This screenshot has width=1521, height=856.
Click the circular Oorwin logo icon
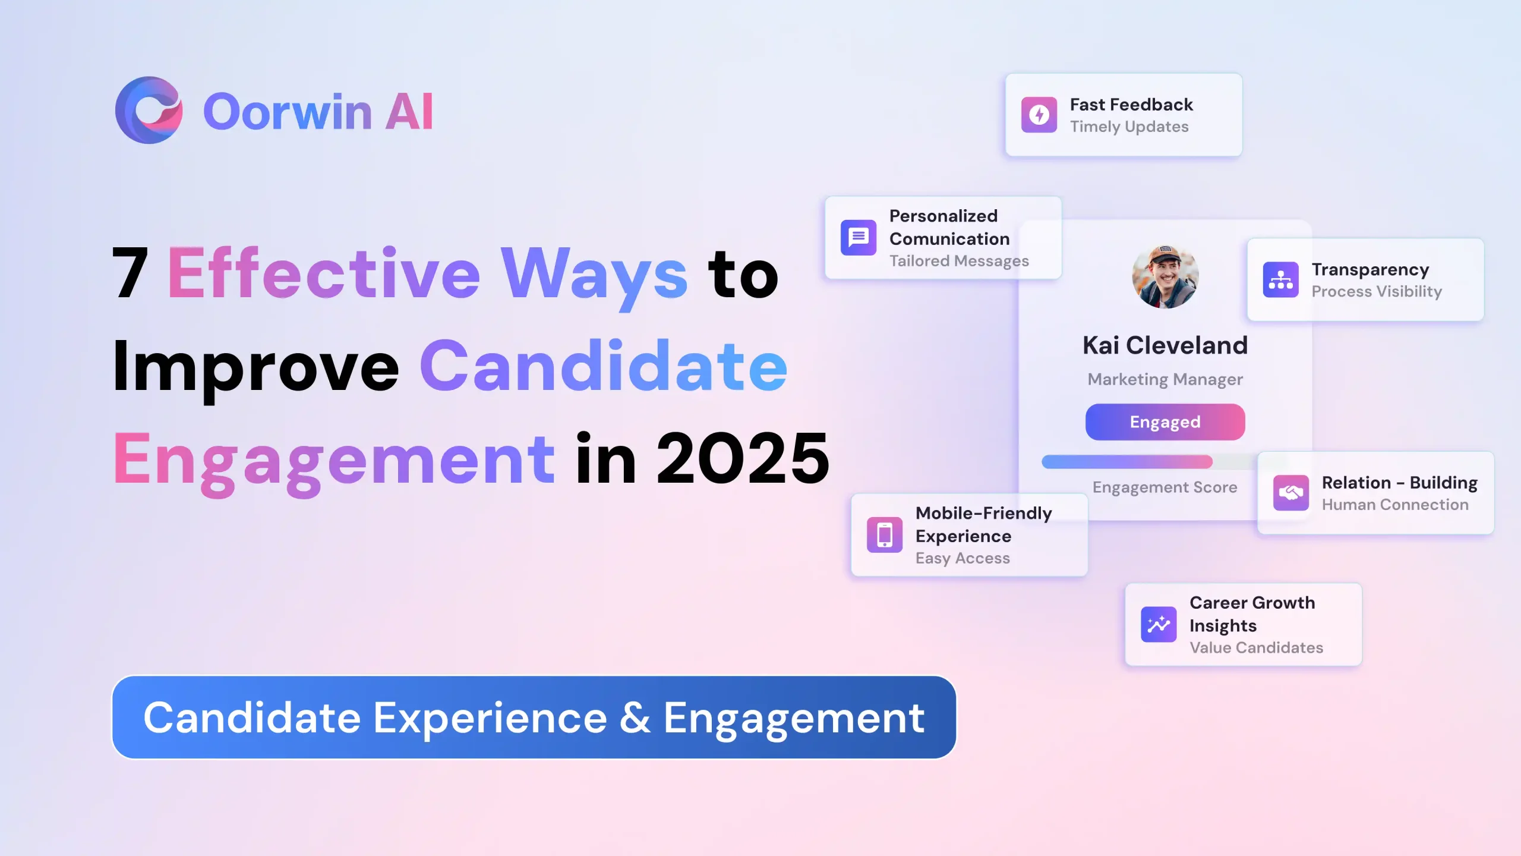click(x=149, y=110)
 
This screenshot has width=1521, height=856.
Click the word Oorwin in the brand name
click(x=288, y=112)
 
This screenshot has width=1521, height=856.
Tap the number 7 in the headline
click(x=130, y=272)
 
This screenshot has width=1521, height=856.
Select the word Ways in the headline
click(x=594, y=276)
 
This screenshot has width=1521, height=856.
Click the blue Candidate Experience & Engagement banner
click(x=534, y=717)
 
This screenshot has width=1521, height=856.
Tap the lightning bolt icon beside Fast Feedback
click(x=1039, y=115)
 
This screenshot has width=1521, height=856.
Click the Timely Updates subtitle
click(x=1129, y=127)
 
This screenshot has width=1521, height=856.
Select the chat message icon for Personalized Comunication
click(x=859, y=238)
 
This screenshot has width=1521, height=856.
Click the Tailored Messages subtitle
click(x=959, y=261)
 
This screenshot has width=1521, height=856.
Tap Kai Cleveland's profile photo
click(x=1165, y=276)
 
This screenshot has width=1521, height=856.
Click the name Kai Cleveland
click(x=1165, y=345)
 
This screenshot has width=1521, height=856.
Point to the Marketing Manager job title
click(x=1165, y=380)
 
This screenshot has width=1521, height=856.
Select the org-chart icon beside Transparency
click(x=1281, y=279)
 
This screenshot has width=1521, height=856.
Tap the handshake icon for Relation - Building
click(x=1291, y=493)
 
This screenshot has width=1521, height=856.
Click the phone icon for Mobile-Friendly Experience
click(x=885, y=534)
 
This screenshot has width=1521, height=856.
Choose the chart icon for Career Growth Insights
click(x=1159, y=624)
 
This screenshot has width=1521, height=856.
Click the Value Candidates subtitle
click(x=1256, y=648)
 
